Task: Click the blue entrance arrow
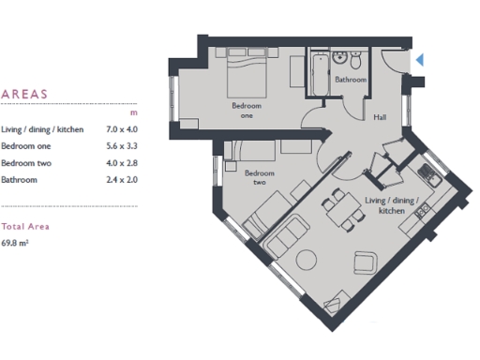420,60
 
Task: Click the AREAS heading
24,95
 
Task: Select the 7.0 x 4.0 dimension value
122,128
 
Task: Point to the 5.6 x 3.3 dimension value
122,145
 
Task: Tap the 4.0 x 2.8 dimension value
122,162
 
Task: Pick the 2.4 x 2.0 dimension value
122,179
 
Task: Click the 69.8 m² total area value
15,241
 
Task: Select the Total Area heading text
25,226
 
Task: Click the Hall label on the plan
381,118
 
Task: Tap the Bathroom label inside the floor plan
352,81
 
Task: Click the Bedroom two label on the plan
258,177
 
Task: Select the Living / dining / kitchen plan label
384,206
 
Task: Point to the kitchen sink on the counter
427,172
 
